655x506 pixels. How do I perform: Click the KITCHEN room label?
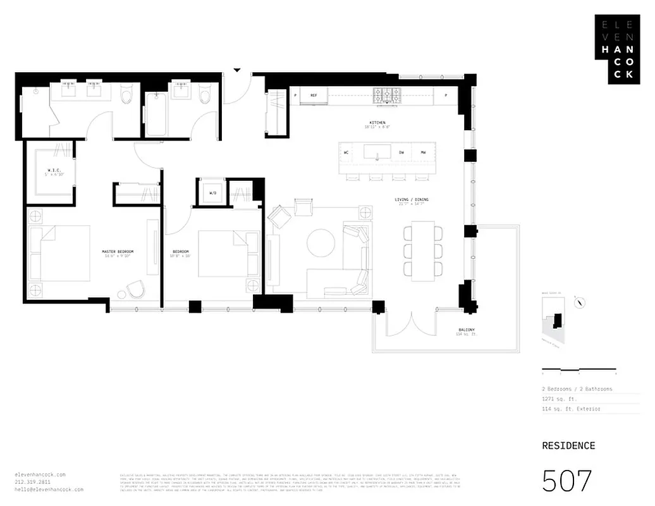[377, 123]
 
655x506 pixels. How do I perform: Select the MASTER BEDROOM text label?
[118, 252]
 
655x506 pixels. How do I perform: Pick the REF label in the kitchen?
[313, 95]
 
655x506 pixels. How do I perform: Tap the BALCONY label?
[467, 330]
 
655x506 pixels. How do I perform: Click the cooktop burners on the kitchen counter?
[386, 96]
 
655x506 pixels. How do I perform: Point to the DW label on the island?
[401, 153]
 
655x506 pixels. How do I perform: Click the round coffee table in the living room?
[321, 243]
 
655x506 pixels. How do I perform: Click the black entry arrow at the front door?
[237, 70]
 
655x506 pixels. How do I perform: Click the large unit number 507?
[566, 481]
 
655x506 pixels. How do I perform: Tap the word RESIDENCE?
[568, 445]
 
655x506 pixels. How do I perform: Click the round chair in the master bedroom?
[134, 290]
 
